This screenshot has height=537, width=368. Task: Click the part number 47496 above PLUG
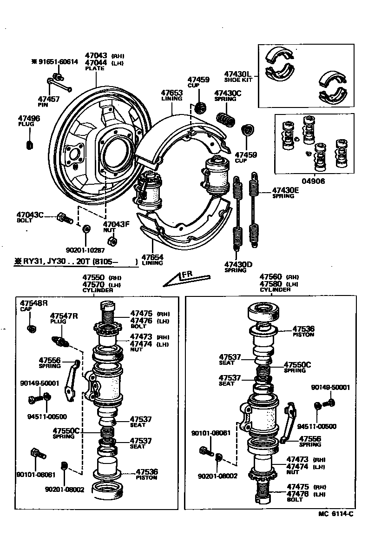tap(29, 119)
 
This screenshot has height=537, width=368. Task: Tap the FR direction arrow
tap(183, 279)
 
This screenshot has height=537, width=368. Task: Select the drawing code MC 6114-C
tap(335, 514)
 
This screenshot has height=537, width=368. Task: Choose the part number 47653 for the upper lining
tap(171, 93)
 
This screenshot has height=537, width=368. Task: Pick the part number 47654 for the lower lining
tap(152, 257)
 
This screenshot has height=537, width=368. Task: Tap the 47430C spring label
tap(228, 93)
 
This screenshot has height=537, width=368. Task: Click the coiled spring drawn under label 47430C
tap(226, 119)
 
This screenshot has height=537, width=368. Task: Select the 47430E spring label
tap(285, 190)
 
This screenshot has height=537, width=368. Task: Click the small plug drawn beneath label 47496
tap(29, 145)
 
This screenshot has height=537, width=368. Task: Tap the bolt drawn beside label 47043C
tap(64, 218)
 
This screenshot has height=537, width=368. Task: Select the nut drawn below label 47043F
tap(112, 241)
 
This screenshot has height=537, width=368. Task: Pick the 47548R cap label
tap(33, 303)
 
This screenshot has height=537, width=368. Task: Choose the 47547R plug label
tap(64, 316)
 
